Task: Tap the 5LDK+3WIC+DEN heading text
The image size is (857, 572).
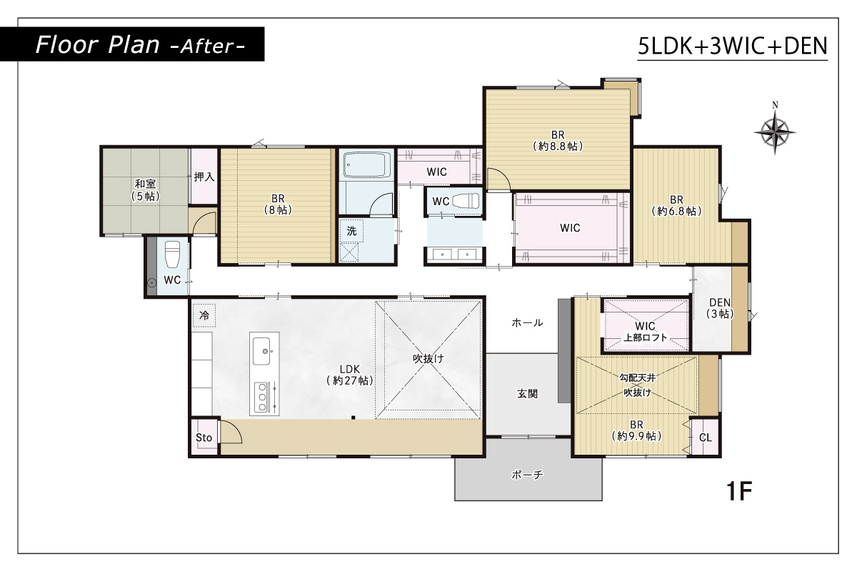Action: pyautogui.click(x=733, y=46)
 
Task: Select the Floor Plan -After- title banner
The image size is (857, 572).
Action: pyautogui.click(x=132, y=44)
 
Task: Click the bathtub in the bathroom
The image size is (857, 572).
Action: pyautogui.click(x=367, y=164)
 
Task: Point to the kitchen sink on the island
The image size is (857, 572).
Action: pyautogui.click(x=261, y=351)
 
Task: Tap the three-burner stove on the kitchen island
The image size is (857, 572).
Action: pyautogui.click(x=262, y=397)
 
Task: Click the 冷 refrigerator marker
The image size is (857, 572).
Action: pyautogui.click(x=204, y=315)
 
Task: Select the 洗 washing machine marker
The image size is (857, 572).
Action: pyautogui.click(x=351, y=231)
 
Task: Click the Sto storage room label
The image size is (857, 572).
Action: pyautogui.click(x=204, y=438)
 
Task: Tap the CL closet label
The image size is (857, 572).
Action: pyautogui.click(x=706, y=438)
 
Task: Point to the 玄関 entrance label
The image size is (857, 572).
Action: pyautogui.click(x=527, y=393)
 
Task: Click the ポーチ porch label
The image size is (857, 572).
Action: pyautogui.click(x=527, y=475)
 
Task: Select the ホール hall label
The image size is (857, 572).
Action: pyautogui.click(x=527, y=322)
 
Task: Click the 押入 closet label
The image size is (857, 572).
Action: pyautogui.click(x=204, y=177)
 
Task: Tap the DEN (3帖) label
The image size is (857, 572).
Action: pyautogui.click(x=720, y=308)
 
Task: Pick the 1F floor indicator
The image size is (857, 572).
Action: pyautogui.click(x=739, y=491)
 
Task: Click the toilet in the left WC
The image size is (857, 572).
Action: pyautogui.click(x=172, y=254)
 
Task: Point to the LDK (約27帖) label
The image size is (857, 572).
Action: pyautogui.click(x=350, y=375)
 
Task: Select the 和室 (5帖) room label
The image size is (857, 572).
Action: pyautogui.click(x=146, y=190)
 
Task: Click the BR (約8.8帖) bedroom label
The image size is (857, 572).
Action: pyautogui.click(x=558, y=141)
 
